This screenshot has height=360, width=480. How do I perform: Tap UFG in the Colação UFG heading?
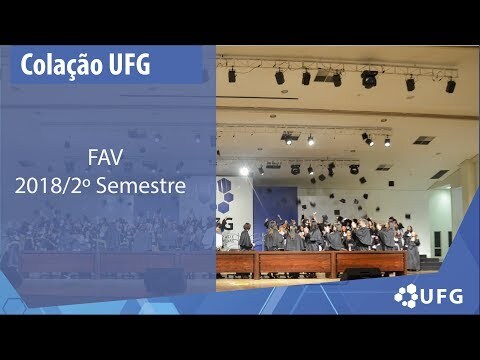click(x=129, y=64)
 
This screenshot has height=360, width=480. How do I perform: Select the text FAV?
click(x=105, y=157)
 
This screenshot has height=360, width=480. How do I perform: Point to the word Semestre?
click(x=141, y=186)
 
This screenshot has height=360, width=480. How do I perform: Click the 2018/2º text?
click(x=53, y=186)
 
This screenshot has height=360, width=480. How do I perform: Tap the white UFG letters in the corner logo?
click(x=442, y=296)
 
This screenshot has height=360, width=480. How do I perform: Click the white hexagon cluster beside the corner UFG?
click(x=406, y=296)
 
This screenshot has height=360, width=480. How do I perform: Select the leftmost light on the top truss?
click(x=232, y=75)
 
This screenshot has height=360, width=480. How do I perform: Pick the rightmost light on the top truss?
click(x=451, y=86)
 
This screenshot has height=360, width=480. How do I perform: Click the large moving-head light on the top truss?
click(x=369, y=79)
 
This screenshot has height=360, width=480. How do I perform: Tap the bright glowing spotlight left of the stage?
click(x=244, y=171)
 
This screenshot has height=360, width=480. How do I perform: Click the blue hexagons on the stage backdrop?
click(x=225, y=196)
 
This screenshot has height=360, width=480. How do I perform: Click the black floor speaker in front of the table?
click(x=360, y=274)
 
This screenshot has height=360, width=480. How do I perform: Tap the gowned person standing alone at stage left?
click(x=246, y=237)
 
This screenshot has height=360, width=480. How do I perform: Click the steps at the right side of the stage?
click(x=431, y=263)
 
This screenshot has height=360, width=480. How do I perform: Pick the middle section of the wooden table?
click(x=295, y=263)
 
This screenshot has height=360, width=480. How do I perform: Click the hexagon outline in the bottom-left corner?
click(x=14, y=306)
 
